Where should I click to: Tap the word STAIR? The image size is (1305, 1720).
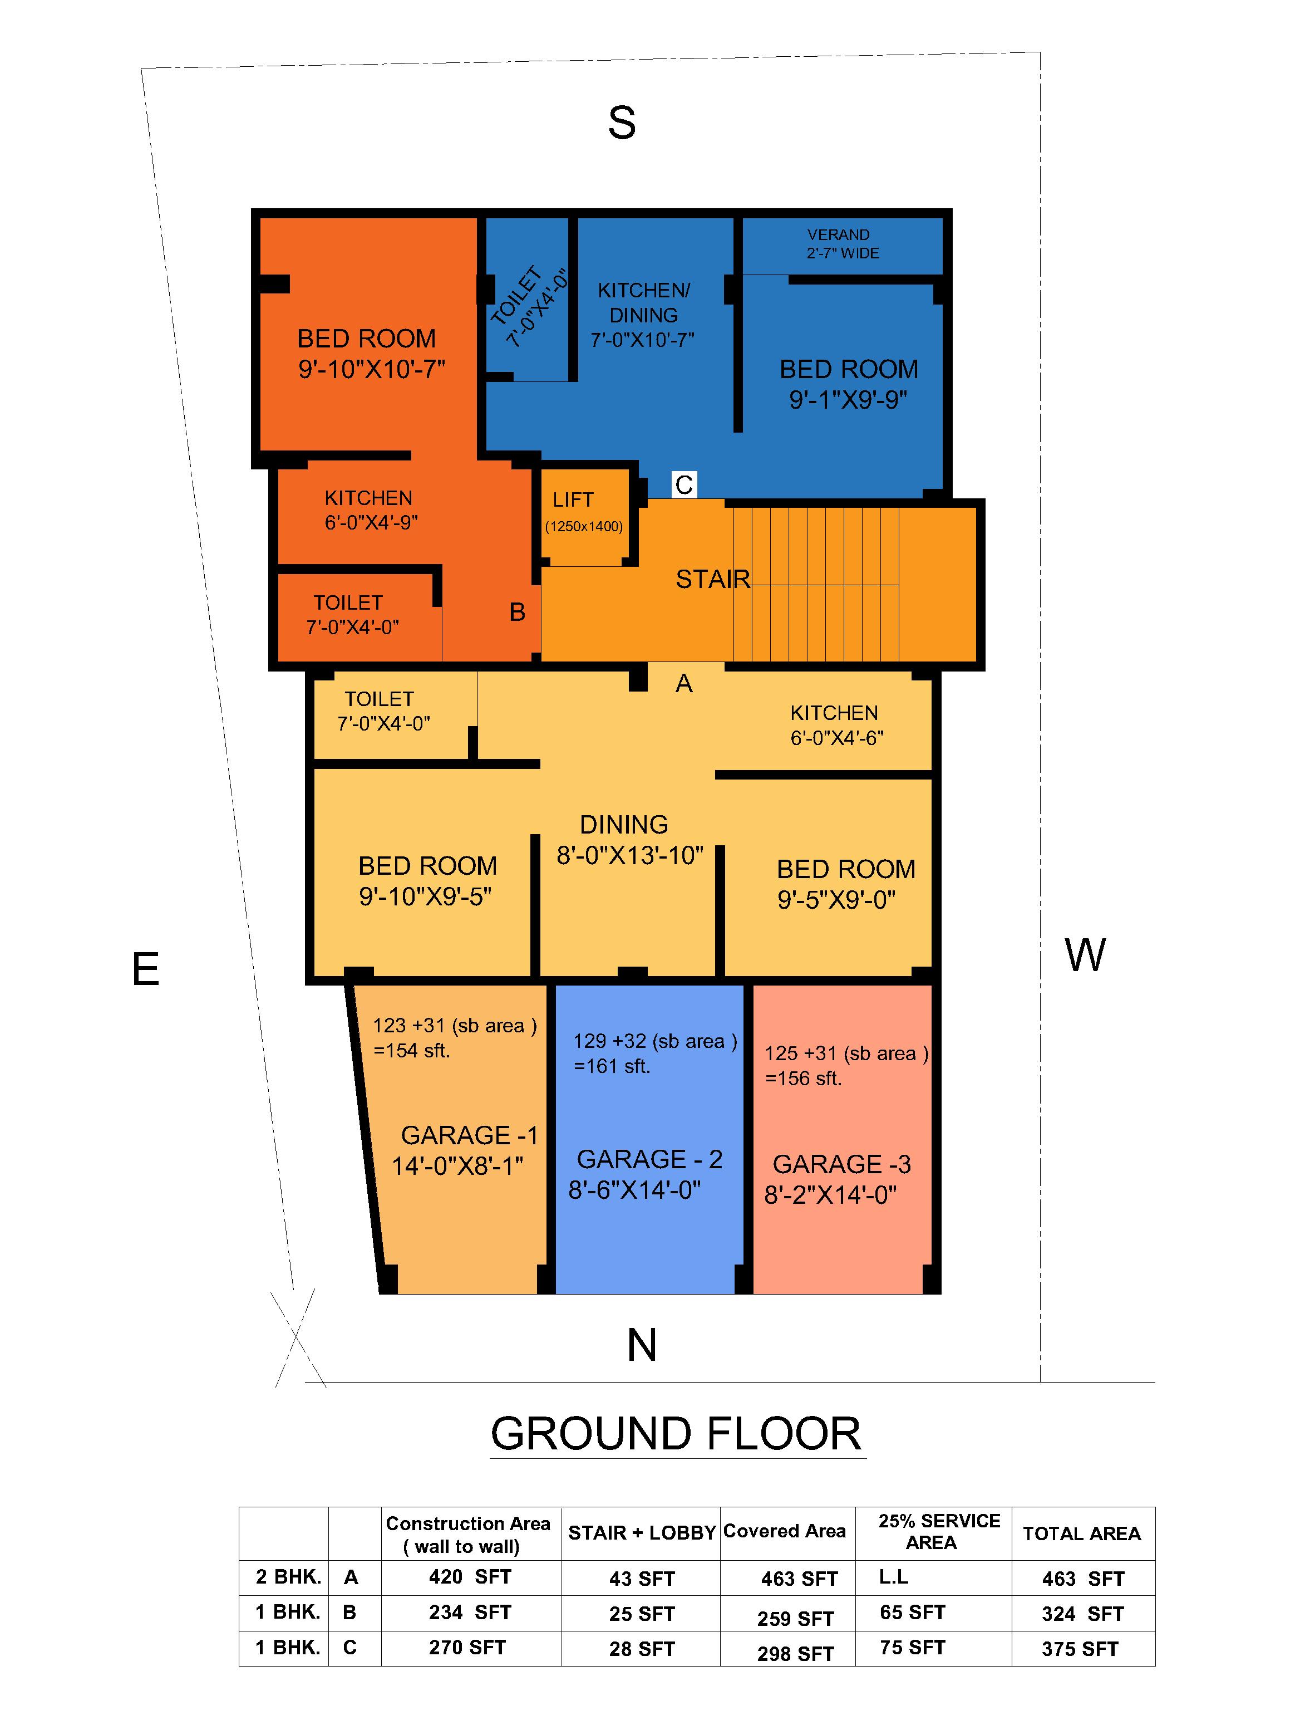point(712,579)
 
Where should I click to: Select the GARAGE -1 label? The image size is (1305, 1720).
point(469,1135)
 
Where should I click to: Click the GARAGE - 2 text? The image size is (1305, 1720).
point(650,1159)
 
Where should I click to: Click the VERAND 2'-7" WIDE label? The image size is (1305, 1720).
point(842,244)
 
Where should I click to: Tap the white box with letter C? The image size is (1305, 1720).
point(684,485)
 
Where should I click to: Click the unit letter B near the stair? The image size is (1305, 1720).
point(517,612)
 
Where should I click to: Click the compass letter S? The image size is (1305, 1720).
point(622,123)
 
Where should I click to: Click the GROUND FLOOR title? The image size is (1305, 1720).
point(676,1434)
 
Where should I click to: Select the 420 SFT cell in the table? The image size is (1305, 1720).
point(470,1577)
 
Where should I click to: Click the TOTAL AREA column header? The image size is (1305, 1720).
point(1081,1533)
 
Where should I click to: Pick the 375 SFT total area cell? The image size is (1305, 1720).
point(1080,1649)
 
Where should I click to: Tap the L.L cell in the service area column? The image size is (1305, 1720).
point(893,1577)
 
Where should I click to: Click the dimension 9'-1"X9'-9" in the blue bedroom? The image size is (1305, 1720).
point(848,400)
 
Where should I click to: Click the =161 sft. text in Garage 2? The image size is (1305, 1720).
point(612,1066)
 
